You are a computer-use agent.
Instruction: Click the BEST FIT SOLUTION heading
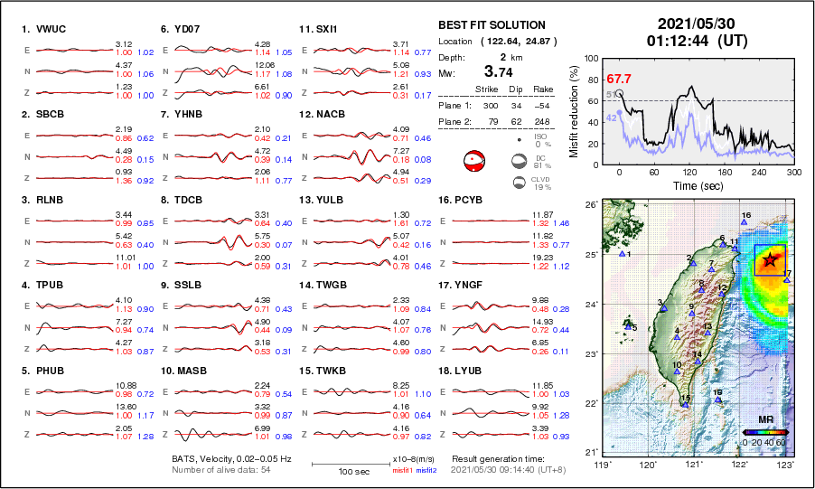point(492,25)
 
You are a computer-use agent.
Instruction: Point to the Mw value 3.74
point(501,71)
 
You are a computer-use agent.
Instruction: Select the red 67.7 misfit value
point(619,80)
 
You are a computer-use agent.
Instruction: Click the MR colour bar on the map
point(764,433)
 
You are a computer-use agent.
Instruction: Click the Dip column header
point(517,89)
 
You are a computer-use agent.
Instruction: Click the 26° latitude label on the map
point(589,206)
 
